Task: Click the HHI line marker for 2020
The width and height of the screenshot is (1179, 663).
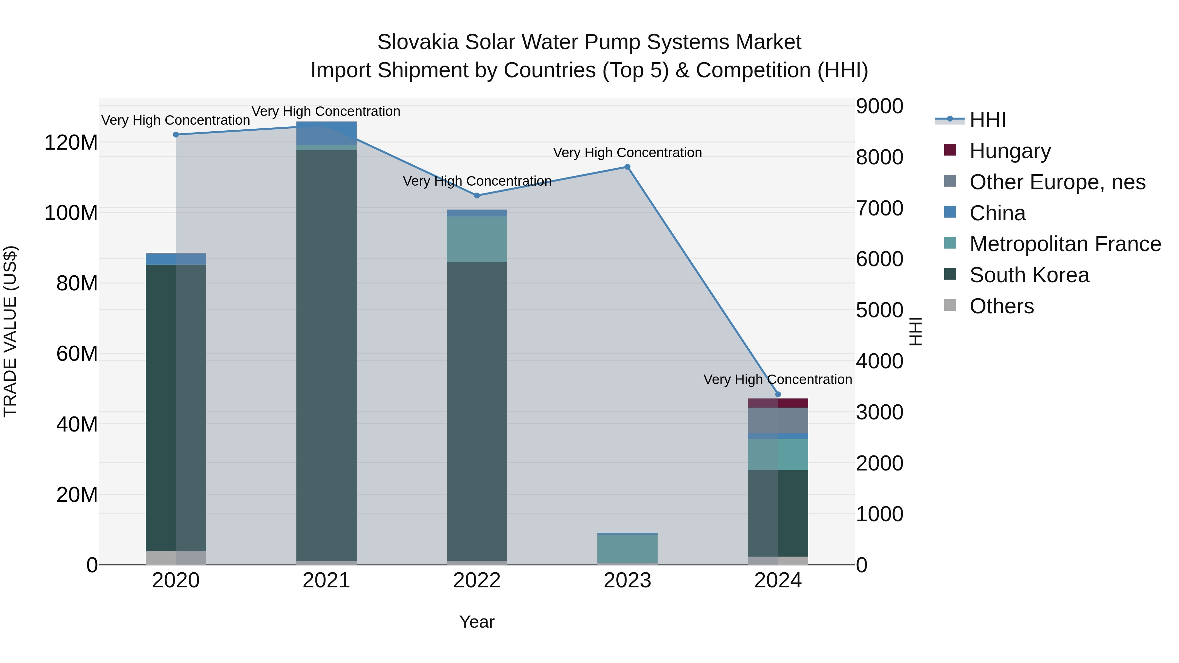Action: pyautogui.click(x=176, y=135)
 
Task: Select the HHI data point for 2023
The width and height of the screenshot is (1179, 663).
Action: pyautogui.click(x=627, y=167)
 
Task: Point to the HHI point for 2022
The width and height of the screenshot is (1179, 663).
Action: pyautogui.click(x=477, y=195)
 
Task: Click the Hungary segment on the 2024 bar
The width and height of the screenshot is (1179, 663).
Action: pyautogui.click(x=778, y=403)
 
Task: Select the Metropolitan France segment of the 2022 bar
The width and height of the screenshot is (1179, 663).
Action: pyautogui.click(x=477, y=239)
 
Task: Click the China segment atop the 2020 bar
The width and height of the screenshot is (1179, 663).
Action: pyautogui.click(x=176, y=259)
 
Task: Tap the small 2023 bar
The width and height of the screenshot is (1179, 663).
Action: pyautogui.click(x=627, y=548)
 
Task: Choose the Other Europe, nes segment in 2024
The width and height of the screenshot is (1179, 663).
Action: pyautogui.click(x=778, y=420)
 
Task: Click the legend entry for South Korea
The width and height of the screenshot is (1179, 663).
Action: pyautogui.click(x=1029, y=275)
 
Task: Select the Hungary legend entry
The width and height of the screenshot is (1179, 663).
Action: pyautogui.click(x=1010, y=151)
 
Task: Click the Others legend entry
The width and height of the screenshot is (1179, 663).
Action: pyautogui.click(x=1001, y=306)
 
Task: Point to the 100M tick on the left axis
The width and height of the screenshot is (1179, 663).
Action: pyautogui.click(x=71, y=213)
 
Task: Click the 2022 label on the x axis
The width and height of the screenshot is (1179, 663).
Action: pyautogui.click(x=477, y=580)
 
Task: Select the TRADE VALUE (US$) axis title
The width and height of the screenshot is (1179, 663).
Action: pyautogui.click(x=10, y=331)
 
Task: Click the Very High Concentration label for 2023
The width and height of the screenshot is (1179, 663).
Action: pyautogui.click(x=627, y=152)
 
